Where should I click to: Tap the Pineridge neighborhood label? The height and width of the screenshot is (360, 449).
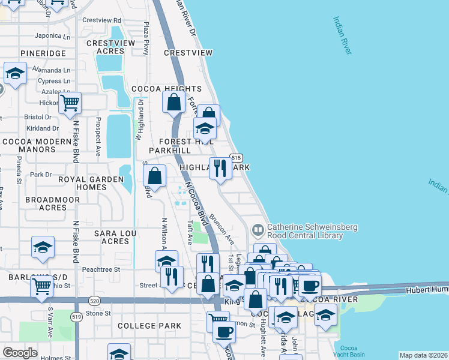[x=43, y=53]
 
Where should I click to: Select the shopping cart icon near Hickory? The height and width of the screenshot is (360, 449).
[x=70, y=104]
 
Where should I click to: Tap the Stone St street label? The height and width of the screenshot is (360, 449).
[x=98, y=313]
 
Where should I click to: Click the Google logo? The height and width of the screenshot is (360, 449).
[x=19, y=353]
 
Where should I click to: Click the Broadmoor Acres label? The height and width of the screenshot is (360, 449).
[x=44, y=203]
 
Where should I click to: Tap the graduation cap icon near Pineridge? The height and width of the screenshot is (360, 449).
[x=14, y=74]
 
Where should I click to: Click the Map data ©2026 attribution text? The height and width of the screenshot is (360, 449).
[x=423, y=355]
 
